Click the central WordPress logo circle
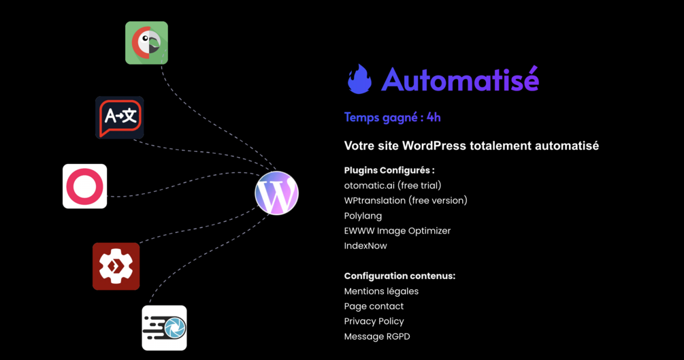pos(277,193)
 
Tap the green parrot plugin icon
pos(146,43)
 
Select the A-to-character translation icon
pos(120,118)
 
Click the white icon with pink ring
pos(85,186)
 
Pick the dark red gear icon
pos(116,266)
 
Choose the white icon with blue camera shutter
pos(164,328)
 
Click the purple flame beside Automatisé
pos(359,80)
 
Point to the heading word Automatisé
pos(460,80)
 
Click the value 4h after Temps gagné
pos(434,117)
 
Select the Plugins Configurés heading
pos(389,170)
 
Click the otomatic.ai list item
pos(393,185)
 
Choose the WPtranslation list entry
pos(406,200)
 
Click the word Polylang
pos(363,216)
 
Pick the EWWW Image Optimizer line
pos(397,231)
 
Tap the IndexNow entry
pos(365,246)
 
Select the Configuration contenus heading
pos(400,276)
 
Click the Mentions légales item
pos(381,291)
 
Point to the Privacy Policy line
pos(374,321)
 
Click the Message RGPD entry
pos(377,336)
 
